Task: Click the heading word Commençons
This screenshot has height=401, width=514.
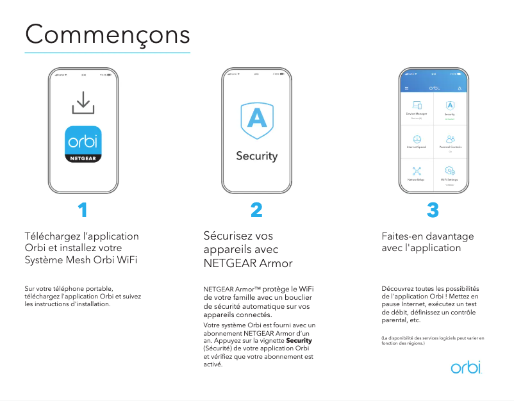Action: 108,33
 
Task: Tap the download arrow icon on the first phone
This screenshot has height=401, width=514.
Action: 83,102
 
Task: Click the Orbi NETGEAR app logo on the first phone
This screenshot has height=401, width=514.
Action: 83,143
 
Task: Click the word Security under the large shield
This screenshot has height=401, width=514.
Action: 257,156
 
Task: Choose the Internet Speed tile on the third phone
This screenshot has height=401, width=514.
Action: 417,141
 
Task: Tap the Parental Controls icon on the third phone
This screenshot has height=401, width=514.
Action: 450,139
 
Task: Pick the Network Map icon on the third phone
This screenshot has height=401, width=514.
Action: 417,172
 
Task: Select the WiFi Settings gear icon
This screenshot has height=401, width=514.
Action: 450,172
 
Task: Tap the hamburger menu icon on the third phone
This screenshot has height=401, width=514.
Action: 406,87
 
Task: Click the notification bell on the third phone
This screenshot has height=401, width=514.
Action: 460,87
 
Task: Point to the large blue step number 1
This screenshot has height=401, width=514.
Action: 83,210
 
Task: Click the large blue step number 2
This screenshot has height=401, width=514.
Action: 256,210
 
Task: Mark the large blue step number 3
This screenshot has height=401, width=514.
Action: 433,210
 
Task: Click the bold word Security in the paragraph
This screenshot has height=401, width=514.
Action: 299,340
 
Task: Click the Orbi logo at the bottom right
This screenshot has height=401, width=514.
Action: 466,368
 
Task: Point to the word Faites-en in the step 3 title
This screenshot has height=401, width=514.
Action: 402,236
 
